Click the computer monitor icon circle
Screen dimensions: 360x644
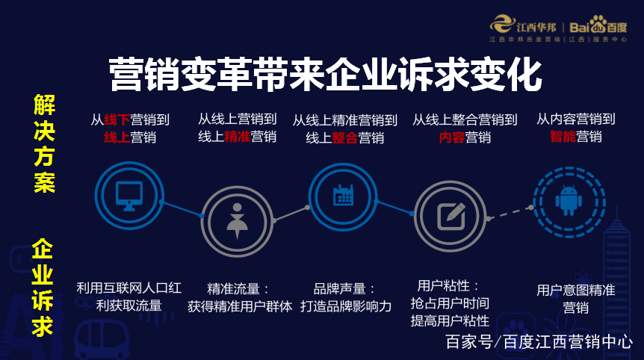[x=129, y=196]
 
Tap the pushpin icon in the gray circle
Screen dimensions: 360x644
[x=236, y=220]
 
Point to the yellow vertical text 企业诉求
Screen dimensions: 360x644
[x=43, y=288]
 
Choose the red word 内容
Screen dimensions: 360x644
[x=452, y=137]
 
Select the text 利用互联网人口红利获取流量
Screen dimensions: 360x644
[x=129, y=296]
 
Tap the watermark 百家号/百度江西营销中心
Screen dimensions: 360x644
[x=539, y=342]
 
